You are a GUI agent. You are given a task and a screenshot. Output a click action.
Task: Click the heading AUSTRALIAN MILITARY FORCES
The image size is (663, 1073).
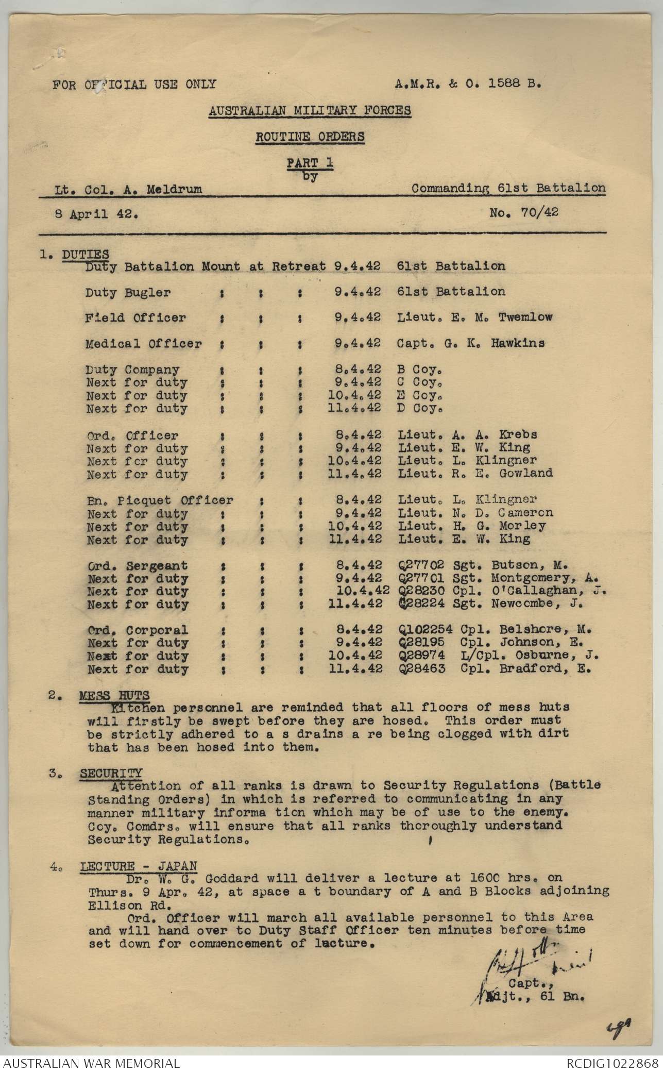coord(310,110)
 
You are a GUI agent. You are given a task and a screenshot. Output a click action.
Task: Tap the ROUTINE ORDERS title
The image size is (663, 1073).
coord(310,137)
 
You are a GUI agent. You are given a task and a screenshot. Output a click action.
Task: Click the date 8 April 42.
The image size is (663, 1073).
coord(96,214)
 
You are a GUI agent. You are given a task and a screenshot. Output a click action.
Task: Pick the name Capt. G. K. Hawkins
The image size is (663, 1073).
coord(470,343)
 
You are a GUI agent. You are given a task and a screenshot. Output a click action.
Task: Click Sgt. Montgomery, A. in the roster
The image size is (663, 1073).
coord(528,578)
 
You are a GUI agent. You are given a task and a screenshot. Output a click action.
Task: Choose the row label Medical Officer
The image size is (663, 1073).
coord(143,344)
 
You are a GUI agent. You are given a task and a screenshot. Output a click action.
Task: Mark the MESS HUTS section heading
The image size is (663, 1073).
coord(114,695)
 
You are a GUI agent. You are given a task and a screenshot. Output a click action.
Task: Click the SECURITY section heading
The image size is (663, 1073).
coord(111,773)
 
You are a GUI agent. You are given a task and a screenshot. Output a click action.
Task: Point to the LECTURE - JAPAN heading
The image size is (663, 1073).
coord(138,866)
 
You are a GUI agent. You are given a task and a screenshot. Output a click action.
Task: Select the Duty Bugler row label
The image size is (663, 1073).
coord(128,292)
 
